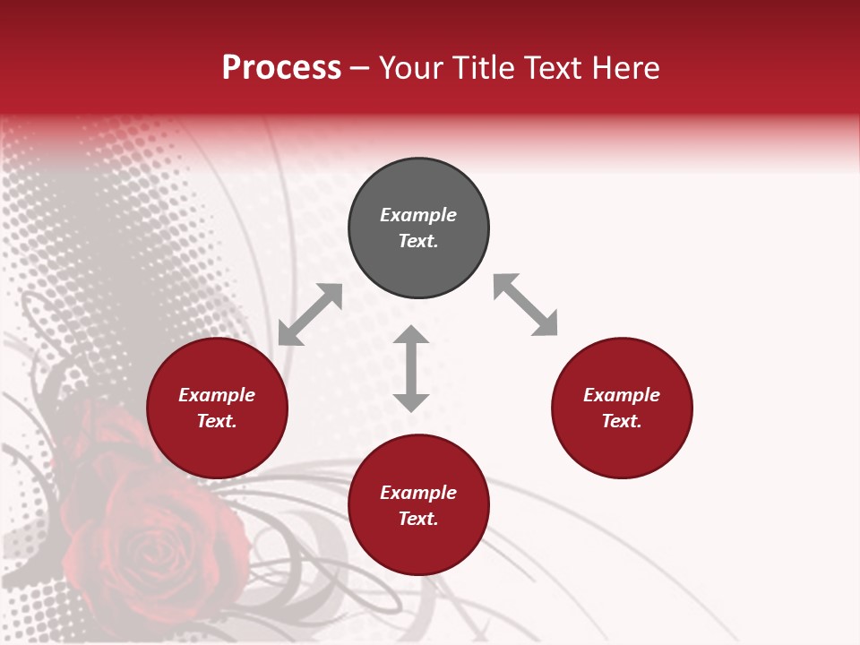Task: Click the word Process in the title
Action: pyautogui.click(x=281, y=68)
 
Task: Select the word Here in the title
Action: pyautogui.click(x=624, y=68)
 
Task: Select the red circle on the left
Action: pyautogui.click(x=217, y=448)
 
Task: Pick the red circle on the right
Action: pyautogui.click(x=622, y=448)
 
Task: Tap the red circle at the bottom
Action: pyautogui.click(x=418, y=546)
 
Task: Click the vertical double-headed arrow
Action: pyautogui.click(x=411, y=368)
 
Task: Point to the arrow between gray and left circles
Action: pyautogui.click(x=310, y=314)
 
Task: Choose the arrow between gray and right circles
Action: pyautogui.click(x=526, y=305)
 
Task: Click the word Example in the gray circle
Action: pyautogui.click(x=418, y=215)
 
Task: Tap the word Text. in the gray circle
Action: pyautogui.click(x=418, y=241)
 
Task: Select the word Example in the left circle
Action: pyautogui.click(x=217, y=395)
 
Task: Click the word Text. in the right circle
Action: pyautogui.click(x=622, y=421)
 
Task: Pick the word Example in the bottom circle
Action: pyautogui.click(x=418, y=493)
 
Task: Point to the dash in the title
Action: pyautogui.click(x=360, y=68)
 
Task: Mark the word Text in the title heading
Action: pyautogui.click(x=555, y=68)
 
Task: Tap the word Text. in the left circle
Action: pyautogui.click(x=217, y=421)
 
